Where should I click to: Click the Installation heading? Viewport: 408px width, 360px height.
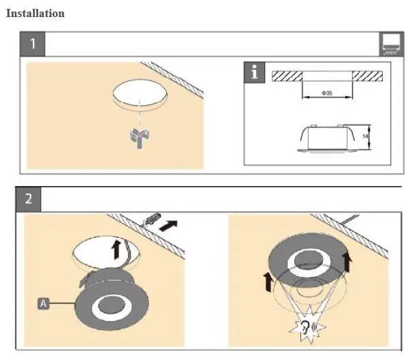tap(35, 13)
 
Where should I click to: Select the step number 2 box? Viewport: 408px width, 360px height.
tap(28, 200)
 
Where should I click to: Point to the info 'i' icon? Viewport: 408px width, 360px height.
tap(255, 72)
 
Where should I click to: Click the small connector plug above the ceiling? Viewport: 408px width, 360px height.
tap(153, 221)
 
